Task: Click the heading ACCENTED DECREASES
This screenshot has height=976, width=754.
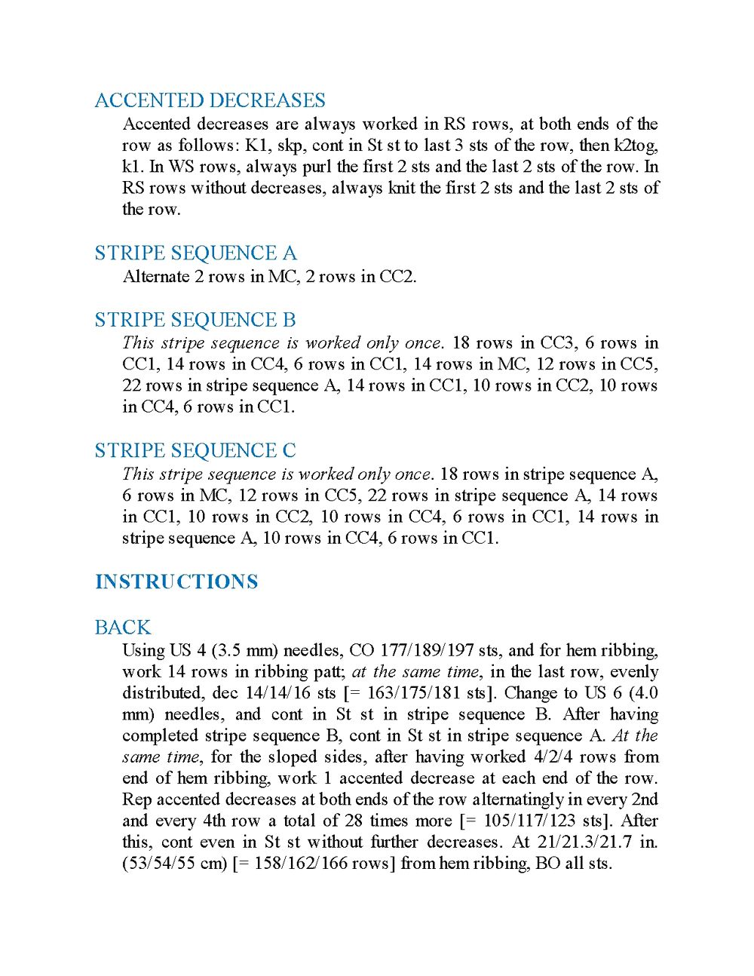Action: [x=210, y=100]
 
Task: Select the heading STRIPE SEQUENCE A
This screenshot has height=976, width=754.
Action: [x=195, y=253]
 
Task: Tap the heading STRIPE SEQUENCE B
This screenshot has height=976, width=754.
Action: [x=195, y=320]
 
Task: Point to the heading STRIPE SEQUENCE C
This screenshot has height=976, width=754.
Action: [x=195, y=450]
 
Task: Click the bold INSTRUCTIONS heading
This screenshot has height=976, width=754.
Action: [x=176, y=582]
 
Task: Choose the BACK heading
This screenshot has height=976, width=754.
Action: [x=122, y=627]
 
